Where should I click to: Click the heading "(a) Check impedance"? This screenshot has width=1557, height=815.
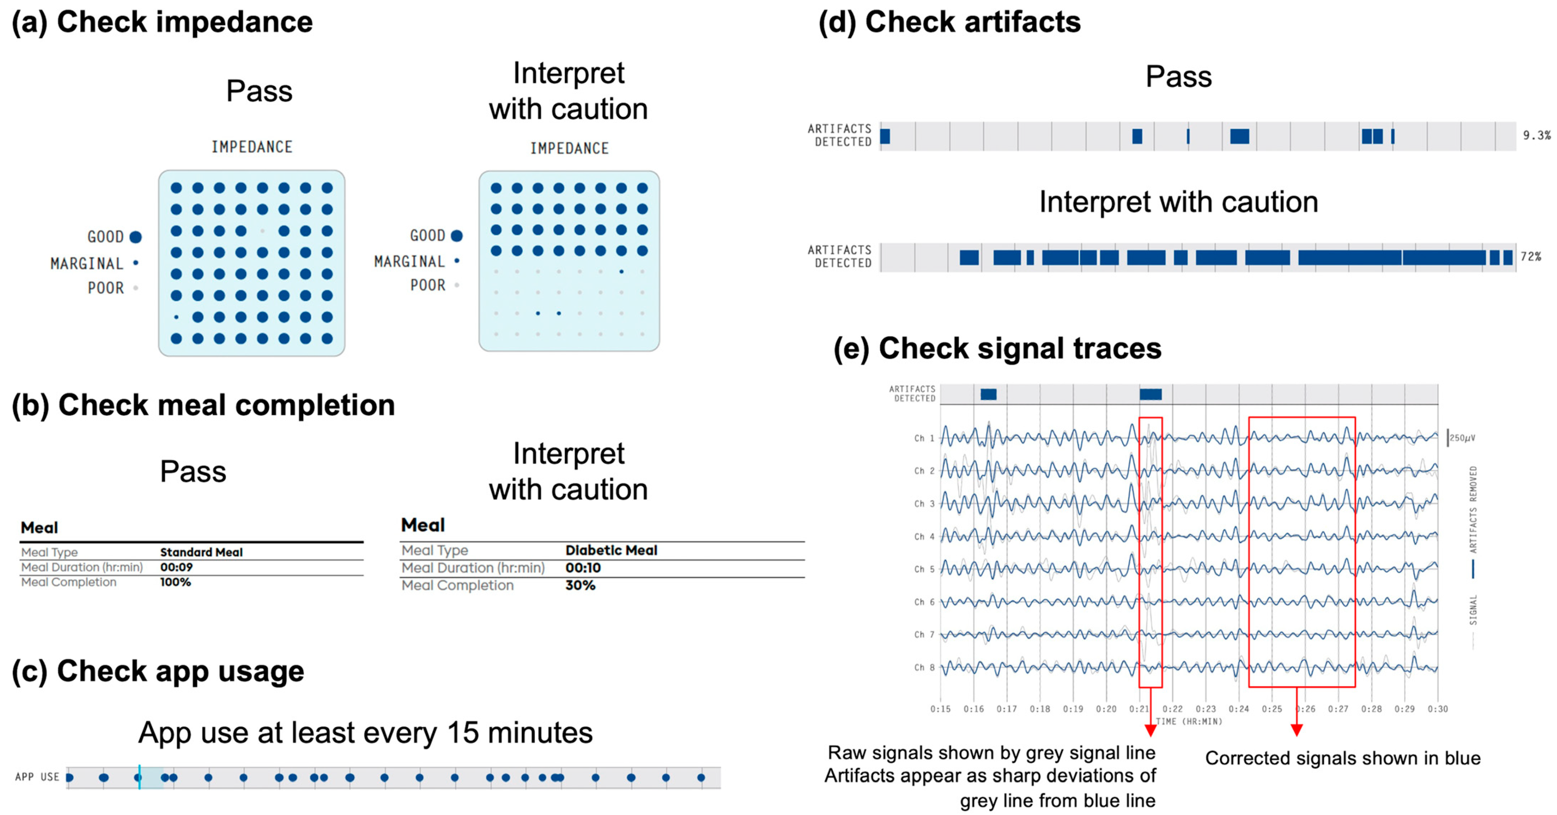(162, 22)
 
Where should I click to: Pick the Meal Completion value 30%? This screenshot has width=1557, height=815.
(580, 585)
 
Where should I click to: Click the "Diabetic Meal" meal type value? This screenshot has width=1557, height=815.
(611, 550)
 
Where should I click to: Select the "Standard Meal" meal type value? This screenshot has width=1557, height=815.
(201, 552)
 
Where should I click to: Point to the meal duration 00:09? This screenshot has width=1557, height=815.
(176, 567)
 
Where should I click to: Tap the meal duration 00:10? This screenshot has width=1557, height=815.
(583, 568)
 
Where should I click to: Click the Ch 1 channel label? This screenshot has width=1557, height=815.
(924, 438)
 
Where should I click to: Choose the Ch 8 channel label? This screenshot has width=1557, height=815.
(924, 668)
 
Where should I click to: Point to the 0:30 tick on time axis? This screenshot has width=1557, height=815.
(1438, 709)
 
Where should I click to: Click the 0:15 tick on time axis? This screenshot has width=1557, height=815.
(940, 709)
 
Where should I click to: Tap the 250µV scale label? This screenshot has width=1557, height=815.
(1463, 438)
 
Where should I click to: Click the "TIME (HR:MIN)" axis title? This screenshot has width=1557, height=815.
(1189, 721)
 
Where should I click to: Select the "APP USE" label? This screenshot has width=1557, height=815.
(37, 777)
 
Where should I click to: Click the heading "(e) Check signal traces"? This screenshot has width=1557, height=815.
(997, 349)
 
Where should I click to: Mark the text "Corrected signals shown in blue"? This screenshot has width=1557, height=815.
(1343, 758)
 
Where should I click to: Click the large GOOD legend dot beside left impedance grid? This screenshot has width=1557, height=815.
(136, 237)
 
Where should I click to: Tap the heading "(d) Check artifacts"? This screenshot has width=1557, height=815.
(950, 22)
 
